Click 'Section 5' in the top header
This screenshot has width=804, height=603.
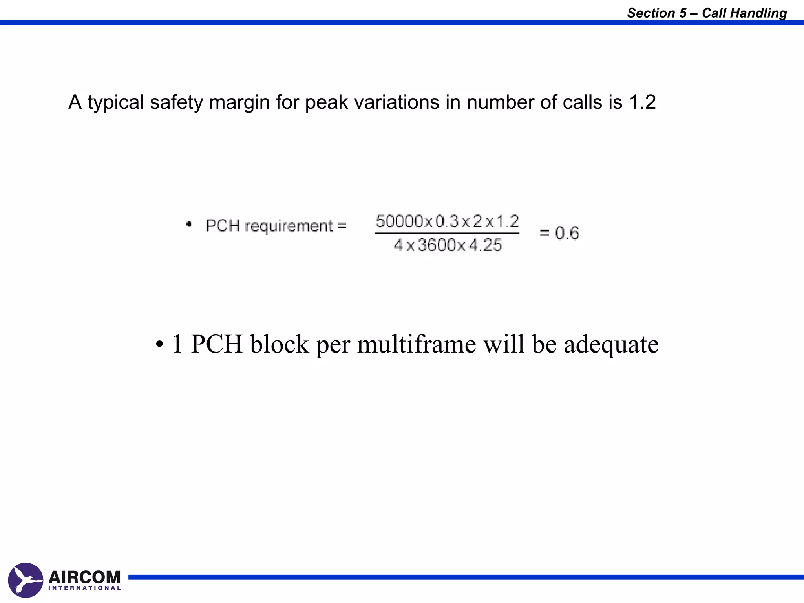[657, 13]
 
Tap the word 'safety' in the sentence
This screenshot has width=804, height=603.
[176, 102]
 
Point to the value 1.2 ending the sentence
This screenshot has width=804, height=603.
[642, 102]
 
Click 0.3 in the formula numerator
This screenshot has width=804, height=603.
[447, 221]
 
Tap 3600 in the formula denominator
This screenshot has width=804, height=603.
[437, 245]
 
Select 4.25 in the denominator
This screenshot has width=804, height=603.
[486, 245]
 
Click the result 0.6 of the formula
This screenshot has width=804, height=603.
[567, 233]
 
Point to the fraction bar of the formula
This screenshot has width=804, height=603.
[447, 233]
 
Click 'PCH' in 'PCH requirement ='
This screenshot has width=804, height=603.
[223, 226]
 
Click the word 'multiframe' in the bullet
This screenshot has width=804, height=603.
[417, 344]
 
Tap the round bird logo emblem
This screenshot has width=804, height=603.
[26, 580]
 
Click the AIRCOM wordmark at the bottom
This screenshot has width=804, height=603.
[84, 577]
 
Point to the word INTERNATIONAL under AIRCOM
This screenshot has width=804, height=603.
[84, 588]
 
